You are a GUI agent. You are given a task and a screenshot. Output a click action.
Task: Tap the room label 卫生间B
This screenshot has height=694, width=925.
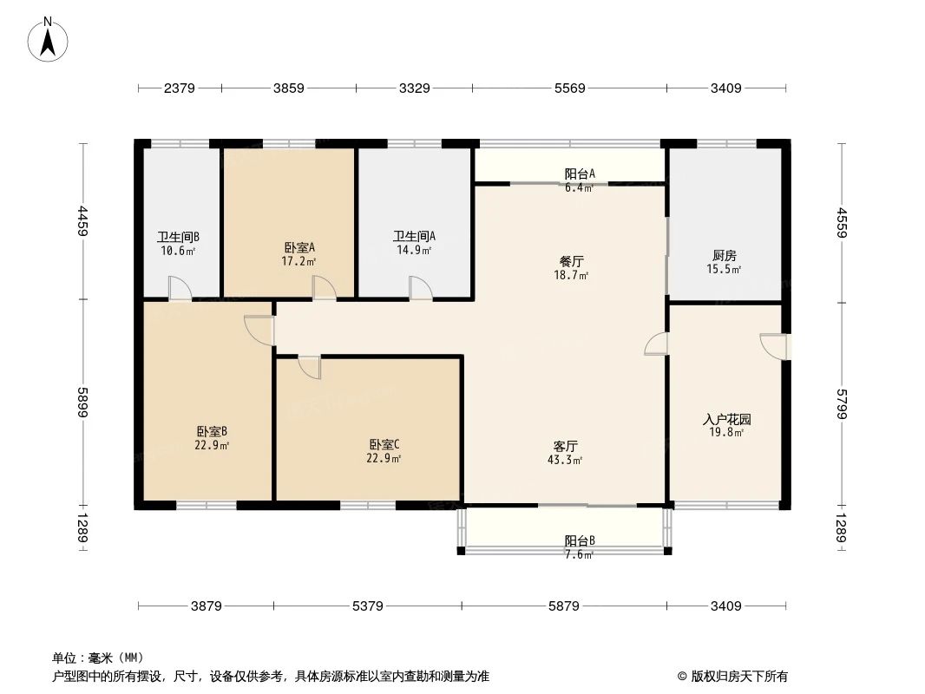tap(178, 237)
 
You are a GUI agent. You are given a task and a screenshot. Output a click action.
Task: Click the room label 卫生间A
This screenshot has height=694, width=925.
tap(414, 236)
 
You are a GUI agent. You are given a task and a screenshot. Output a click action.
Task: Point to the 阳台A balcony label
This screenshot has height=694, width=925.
tap(580, 173)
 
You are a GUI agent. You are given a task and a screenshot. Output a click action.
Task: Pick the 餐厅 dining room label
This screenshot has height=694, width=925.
tap(571, 260)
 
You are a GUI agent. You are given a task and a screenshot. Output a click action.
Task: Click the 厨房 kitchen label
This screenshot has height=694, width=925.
tap(725, 255)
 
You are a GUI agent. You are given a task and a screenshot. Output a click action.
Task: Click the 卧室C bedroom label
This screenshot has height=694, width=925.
tap(384, 444)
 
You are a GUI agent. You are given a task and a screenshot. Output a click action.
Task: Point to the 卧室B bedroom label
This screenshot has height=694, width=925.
tap(212, 431)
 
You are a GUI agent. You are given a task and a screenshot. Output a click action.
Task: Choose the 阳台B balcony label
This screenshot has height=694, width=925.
tap(580, 540)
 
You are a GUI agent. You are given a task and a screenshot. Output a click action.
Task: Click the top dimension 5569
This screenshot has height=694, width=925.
tap(570, 88)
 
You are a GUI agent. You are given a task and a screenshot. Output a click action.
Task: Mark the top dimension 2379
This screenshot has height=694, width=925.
tap(180, 88)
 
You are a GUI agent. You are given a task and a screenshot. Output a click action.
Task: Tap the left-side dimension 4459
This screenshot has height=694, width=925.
tap(83, 221)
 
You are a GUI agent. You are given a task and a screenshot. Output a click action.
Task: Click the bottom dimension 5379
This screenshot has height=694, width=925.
tap(368, 606)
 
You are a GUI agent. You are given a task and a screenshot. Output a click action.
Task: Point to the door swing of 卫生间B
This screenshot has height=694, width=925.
tap(180, 289)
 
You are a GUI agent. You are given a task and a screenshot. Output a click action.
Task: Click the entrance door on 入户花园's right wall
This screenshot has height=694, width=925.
tap(775, 345)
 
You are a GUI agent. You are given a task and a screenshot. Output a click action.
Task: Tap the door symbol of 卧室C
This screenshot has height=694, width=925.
tap(309, 367)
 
